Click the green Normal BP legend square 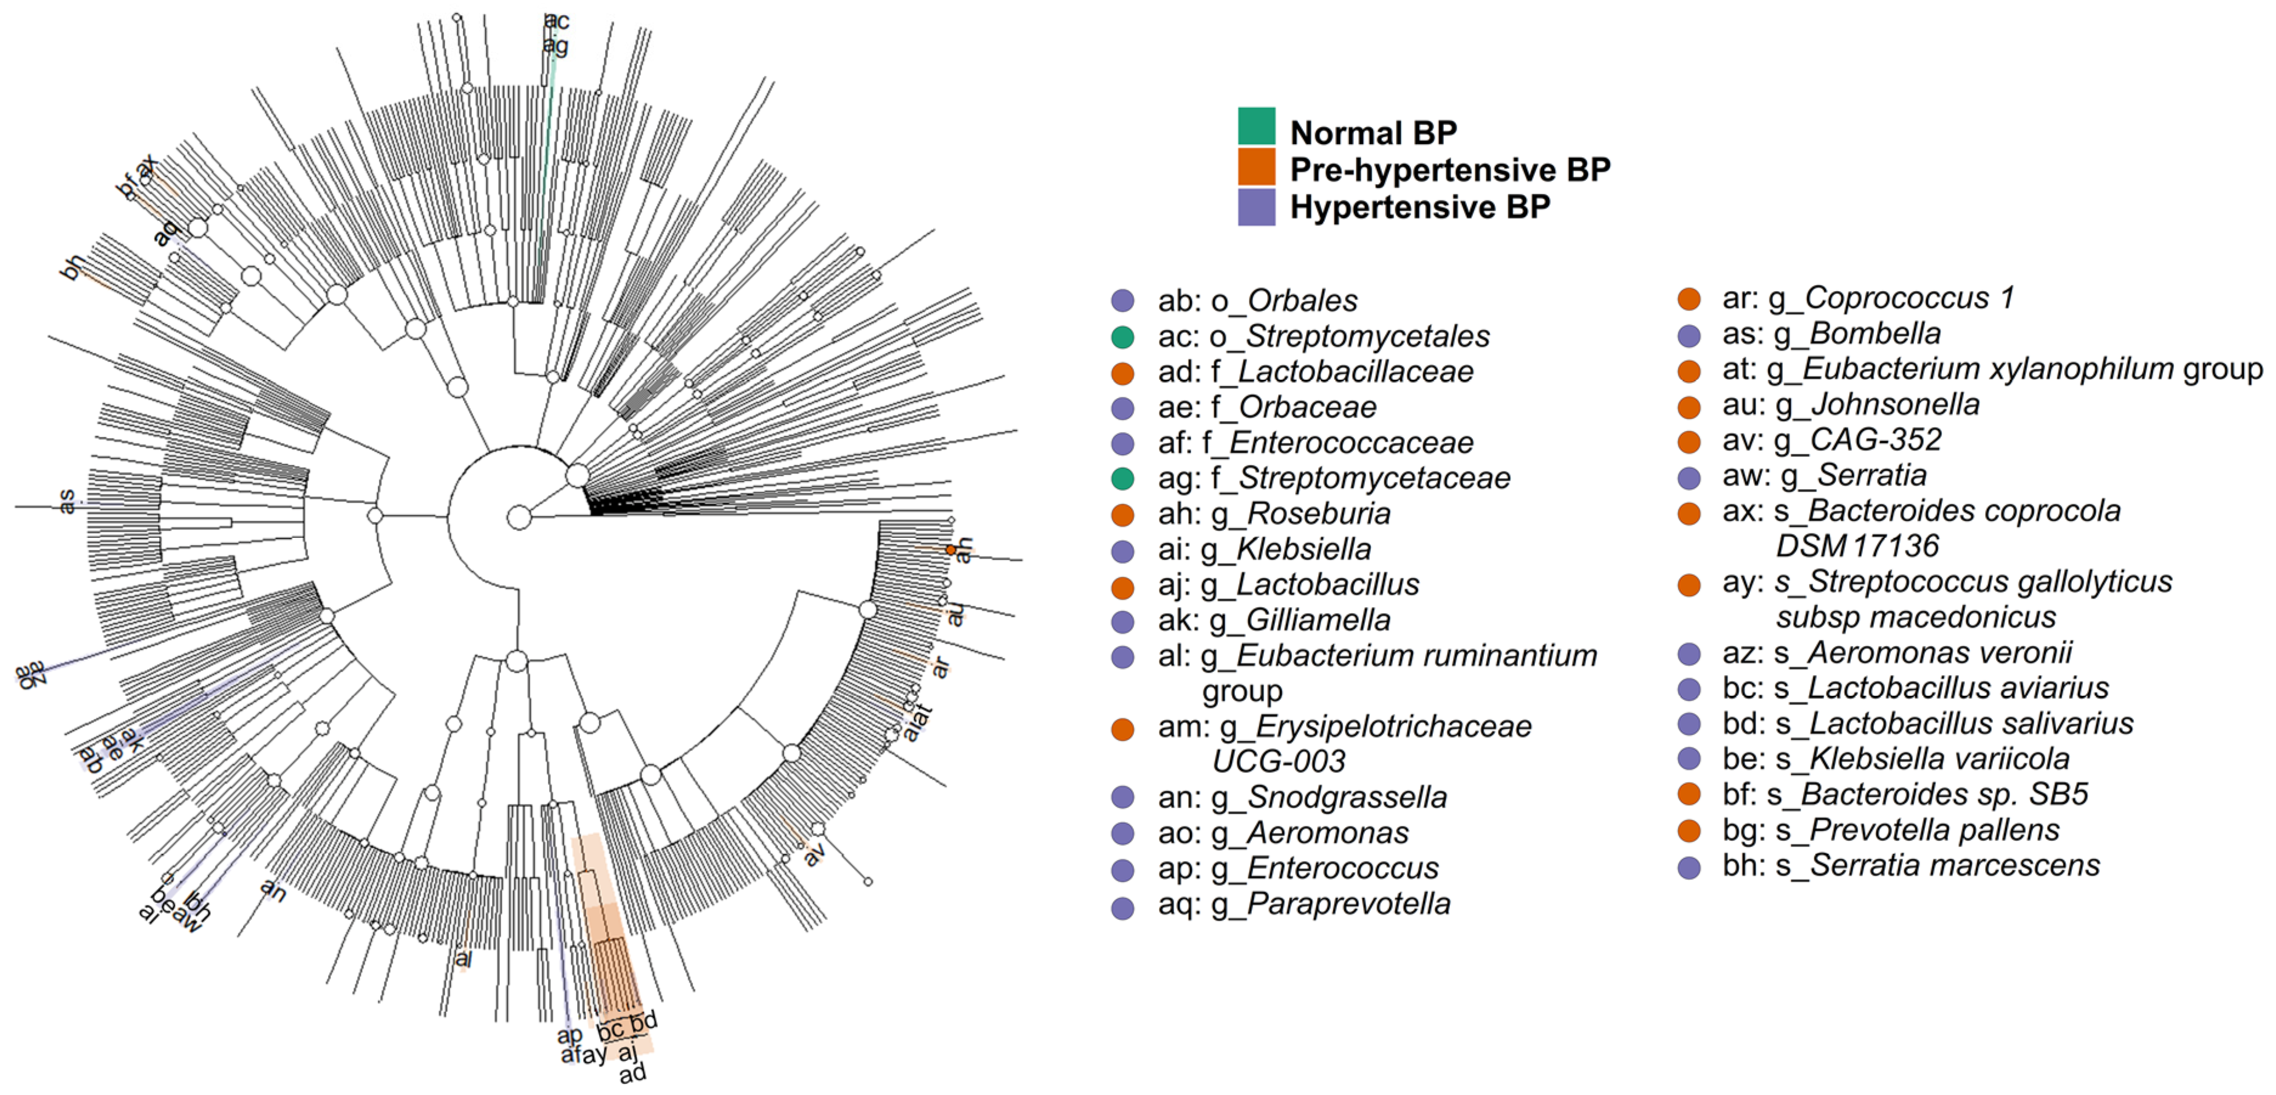pos(1256,126)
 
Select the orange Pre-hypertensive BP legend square pos(1256,167)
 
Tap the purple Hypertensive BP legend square pos(1256,207)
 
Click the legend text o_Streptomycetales pos(1366,336)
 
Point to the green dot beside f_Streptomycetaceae pos(1122,478)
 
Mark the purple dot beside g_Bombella pos(1689,335)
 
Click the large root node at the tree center pos(519,517)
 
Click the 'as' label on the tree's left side pos(66,502)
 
